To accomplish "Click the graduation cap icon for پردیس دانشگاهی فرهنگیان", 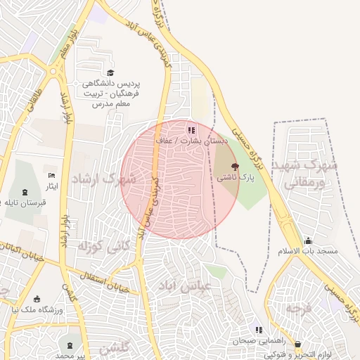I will pos(110,72).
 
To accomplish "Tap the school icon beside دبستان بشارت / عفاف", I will pos(191,130).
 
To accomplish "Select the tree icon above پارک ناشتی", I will pos(234,167).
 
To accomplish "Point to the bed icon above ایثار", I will pos(51,175).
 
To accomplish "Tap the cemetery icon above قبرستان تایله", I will pos(25,193).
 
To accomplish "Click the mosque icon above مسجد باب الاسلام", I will pos(308,240).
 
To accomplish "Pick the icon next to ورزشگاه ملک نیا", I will pos(37,300).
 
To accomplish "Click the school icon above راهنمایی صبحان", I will pos(259,330).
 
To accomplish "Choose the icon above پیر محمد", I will pos(70,345).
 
